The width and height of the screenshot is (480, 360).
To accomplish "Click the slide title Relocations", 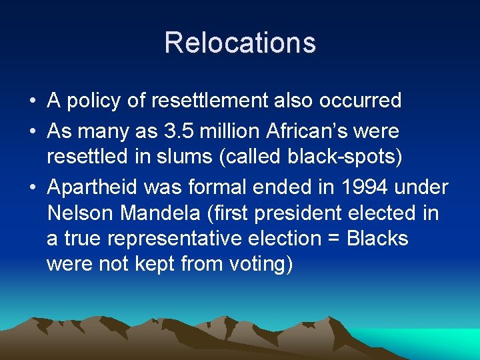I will point(240,43).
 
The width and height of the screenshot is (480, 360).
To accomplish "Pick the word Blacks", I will point(378,239).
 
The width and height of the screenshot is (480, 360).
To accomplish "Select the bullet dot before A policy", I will point(33,101).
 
